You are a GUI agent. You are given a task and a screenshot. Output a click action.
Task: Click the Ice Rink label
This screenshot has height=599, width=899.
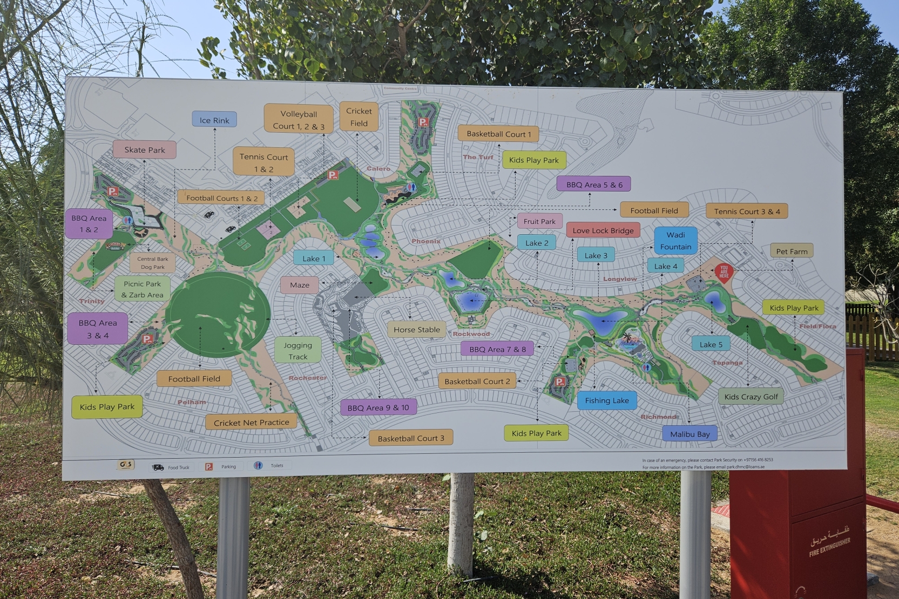tap(214, 120)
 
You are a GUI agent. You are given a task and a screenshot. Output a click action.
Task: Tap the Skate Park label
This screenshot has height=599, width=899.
tap(145, 149)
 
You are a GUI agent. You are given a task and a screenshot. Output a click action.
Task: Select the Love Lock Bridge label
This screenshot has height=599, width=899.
tap(603, 230)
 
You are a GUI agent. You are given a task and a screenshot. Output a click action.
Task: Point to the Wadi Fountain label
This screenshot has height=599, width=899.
tap(675, 241)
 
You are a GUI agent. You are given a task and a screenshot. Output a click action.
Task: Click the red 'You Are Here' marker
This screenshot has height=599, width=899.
tap(724, 272)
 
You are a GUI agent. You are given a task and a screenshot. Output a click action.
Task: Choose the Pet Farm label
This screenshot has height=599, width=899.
tap(792, 251)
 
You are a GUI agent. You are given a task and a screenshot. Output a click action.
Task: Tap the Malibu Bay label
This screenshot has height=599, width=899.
tap(690, 434)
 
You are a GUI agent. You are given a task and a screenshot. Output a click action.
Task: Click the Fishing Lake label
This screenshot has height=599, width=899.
tap(607, 400)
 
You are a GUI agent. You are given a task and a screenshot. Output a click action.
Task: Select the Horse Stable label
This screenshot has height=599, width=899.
tap(416, 330)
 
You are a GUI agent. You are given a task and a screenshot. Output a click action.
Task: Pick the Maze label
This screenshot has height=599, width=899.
tap(300, 285)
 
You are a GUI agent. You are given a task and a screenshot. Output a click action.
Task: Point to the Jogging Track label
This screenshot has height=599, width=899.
tap(298, 351)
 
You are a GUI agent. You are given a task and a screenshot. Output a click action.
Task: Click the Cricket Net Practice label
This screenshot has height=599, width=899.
tap(251, 423)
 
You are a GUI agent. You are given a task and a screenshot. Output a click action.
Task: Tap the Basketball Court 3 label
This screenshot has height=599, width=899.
tap(411, 438)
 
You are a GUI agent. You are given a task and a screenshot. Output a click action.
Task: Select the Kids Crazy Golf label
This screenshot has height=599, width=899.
tap(751, 397)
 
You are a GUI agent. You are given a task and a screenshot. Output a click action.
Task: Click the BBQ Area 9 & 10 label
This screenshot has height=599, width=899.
tap(378, 407)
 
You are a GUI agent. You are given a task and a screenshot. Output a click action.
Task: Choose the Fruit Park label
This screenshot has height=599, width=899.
tap(539, 221)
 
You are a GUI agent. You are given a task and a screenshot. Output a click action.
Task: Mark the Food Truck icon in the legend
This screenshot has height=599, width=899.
tap(158, 467)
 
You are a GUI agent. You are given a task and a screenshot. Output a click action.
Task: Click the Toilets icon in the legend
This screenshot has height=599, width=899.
tap(258, 466)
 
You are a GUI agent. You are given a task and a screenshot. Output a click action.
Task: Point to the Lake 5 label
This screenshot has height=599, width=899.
tap(711, 344)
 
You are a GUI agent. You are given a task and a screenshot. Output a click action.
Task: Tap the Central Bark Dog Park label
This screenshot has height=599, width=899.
tap(153, 263)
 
